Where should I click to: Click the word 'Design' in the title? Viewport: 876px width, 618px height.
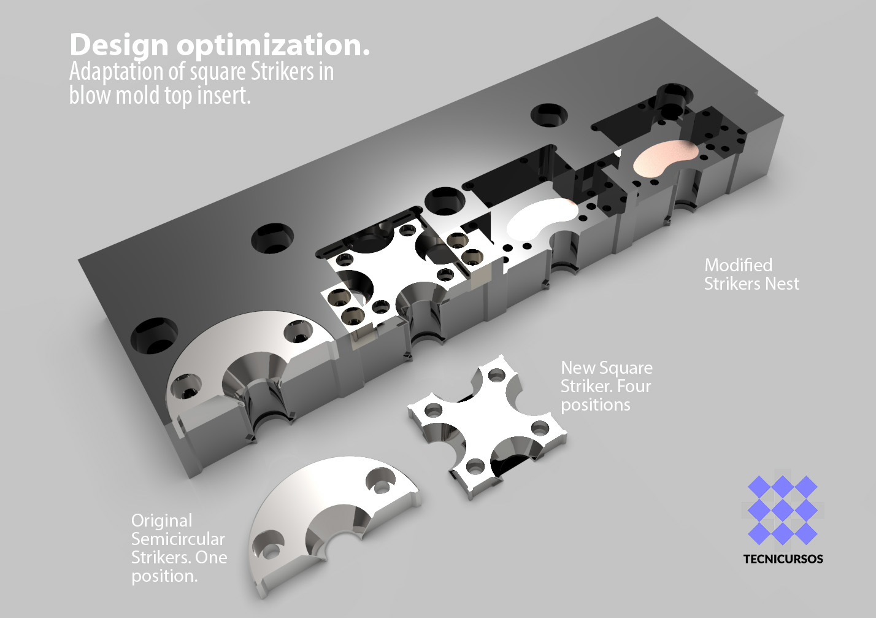[x=119, y=46]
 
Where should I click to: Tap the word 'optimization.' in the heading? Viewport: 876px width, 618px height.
[x=273, y=45]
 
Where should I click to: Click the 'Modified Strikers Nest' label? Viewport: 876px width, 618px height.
[x=751, y=274]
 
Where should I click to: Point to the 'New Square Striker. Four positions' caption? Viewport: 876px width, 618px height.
[x=607, y=386]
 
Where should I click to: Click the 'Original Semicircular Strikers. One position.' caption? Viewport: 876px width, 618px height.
[x=179, y=548]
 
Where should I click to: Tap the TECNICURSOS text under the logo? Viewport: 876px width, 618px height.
[x=783, y=559]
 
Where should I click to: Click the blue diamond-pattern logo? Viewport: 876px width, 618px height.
[x=783, y=510]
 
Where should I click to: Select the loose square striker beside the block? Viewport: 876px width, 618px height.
[x=488, y=427]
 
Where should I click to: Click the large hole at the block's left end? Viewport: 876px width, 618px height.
[x=155, y=336]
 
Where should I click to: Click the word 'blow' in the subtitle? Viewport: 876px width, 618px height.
[x=91, y=95]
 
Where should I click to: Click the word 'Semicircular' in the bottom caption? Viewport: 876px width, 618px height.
[x=178, y=539]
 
